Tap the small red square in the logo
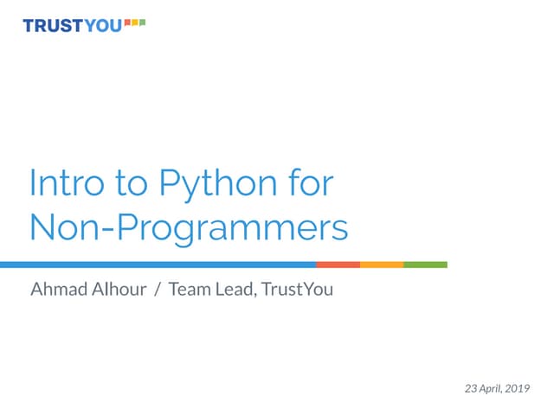[x=127, y=22]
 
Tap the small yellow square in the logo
[x=135, y=22]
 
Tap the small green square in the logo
[x=142, y=22]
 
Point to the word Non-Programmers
[x=189, y=228]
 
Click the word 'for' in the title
[x=310, y=184]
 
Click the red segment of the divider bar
[x=338, y=265]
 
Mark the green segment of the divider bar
[x=425, y=265]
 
